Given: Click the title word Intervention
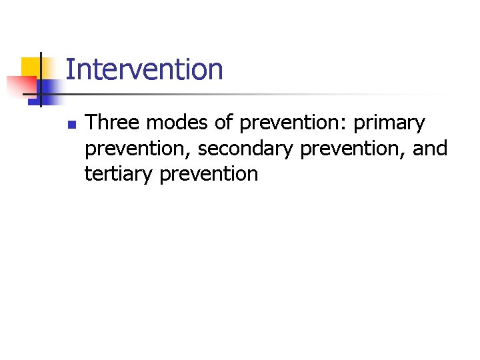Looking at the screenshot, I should coord(144,69).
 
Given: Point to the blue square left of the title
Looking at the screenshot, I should coord(49,89).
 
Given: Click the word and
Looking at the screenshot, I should coord(430,149).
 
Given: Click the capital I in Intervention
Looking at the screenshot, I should coord(69,69).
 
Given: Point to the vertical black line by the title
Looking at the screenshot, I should coord(41,80).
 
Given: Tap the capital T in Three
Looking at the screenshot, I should coord(91,123).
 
